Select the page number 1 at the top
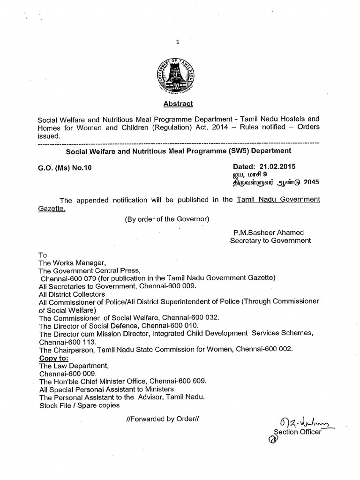(x=178, y=42)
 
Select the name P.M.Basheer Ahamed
(x=268, y=232)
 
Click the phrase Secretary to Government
(x=270, y=240)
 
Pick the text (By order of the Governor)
(x=166, y=219)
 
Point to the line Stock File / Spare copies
(x=79, y=405)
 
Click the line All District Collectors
(x=72, y=294)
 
